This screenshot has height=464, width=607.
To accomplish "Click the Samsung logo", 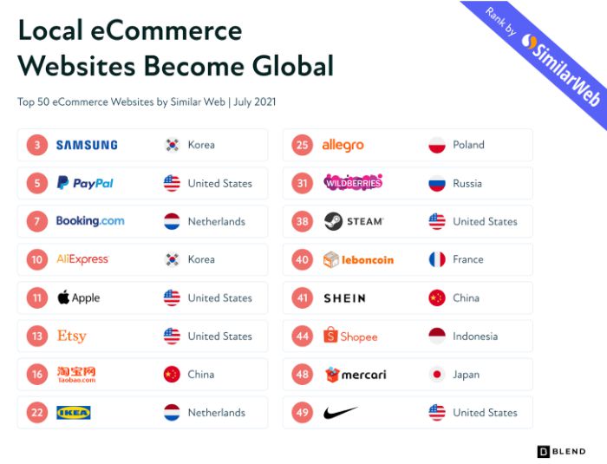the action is point(87,145).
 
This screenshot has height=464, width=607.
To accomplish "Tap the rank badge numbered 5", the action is point(37,183).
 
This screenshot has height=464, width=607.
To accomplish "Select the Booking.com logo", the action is point(90,221).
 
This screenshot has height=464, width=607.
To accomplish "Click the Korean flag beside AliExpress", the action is point(172,259).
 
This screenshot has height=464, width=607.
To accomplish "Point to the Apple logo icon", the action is point(63,297).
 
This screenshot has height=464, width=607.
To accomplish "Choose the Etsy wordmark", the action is point(72,336).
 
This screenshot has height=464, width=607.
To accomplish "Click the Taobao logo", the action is point(76,375).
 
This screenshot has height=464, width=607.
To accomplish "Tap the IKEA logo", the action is point(74,413).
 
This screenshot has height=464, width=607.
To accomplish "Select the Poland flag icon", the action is point(437,145).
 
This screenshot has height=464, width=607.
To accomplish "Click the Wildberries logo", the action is point(353,182).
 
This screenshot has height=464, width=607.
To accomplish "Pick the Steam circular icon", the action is point(333,221).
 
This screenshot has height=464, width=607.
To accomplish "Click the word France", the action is point(468,259).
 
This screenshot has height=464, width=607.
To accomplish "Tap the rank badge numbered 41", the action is point(303,297).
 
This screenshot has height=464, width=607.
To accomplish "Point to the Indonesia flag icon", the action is point(437,336).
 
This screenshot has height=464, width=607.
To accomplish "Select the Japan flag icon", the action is point(437,374).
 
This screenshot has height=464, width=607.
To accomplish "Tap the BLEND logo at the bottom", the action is point(561,452).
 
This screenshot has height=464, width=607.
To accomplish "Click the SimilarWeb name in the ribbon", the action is point(565,70).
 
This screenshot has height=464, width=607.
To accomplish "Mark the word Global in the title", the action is point(293,65).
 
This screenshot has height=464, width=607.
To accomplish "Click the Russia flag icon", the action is point(437,183).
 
